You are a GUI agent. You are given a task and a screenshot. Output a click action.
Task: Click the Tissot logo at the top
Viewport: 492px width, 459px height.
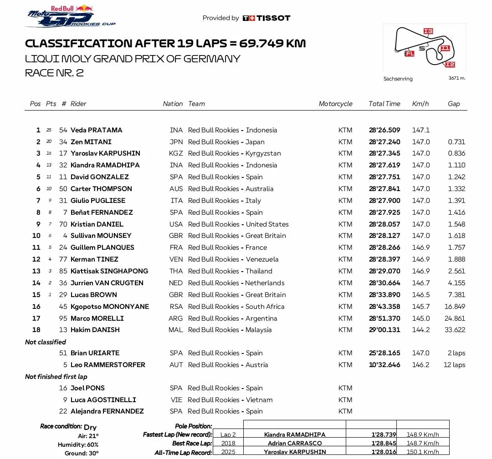pyautogui.click(x=266, y=18)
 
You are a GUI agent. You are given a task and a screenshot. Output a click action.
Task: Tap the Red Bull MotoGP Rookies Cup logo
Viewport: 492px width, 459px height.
pyautogui.click(x=71, y=16)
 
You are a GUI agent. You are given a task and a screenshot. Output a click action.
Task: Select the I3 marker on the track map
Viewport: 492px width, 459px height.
pyautogui.click(x=428, y=31)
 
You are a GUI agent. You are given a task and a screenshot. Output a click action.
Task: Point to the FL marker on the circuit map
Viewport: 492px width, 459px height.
pyautogui.click(x=410, y=54)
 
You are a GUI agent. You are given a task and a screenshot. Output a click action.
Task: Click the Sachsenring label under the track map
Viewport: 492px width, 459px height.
pyautogui.click(x=398, y=79)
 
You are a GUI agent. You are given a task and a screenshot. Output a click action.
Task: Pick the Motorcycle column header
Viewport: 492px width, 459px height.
pyautogui.click(x=335, y=104)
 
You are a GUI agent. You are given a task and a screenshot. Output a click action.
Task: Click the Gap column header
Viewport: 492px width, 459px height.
pyautogui.click(x=454, y=104)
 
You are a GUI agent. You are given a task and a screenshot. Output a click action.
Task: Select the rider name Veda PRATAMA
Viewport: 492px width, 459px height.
pyautogui.click(x=96, y=130)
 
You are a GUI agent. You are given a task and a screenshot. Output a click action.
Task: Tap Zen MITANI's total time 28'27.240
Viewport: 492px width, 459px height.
pyautogui.click(x=384, y=142)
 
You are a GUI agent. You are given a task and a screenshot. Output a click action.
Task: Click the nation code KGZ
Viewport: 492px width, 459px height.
pyautogui.click(x=176, y=153)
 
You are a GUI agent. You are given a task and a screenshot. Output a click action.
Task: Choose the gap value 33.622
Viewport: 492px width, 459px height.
pyautogui.click(x=455, y=330)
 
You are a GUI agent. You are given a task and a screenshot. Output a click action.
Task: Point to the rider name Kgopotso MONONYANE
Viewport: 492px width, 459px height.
pyautogui.click(x=109, y=307)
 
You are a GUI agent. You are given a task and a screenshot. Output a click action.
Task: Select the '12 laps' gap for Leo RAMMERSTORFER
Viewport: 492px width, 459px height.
pyautogui.click(x=454, y=365)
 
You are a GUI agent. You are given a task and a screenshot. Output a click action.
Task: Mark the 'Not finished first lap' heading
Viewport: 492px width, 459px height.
pyautogui.click(x=56, y=377)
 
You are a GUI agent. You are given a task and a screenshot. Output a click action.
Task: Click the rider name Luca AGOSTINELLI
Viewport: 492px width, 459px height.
pyautogui.click(x=103, y=400)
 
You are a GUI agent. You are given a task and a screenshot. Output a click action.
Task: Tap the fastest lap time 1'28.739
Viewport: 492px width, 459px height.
pyautogui.click(x=384, y=435)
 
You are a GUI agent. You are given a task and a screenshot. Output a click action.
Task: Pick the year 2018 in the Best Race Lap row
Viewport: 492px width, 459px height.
pyautogui.click(x=228, y=444)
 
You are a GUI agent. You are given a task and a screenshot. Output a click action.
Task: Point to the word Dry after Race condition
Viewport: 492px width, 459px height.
pyautogui.click(x=90, y=427)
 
